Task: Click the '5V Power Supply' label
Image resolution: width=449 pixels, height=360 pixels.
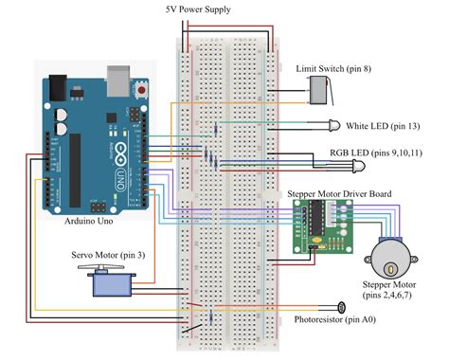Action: [224, 9]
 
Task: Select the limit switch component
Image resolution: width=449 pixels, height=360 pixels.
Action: [320, 92]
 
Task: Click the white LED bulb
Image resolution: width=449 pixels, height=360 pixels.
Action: [335, 126]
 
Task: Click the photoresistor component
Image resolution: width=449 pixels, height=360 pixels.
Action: [339, 307]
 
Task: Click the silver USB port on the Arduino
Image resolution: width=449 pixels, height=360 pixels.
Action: [118, 79]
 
